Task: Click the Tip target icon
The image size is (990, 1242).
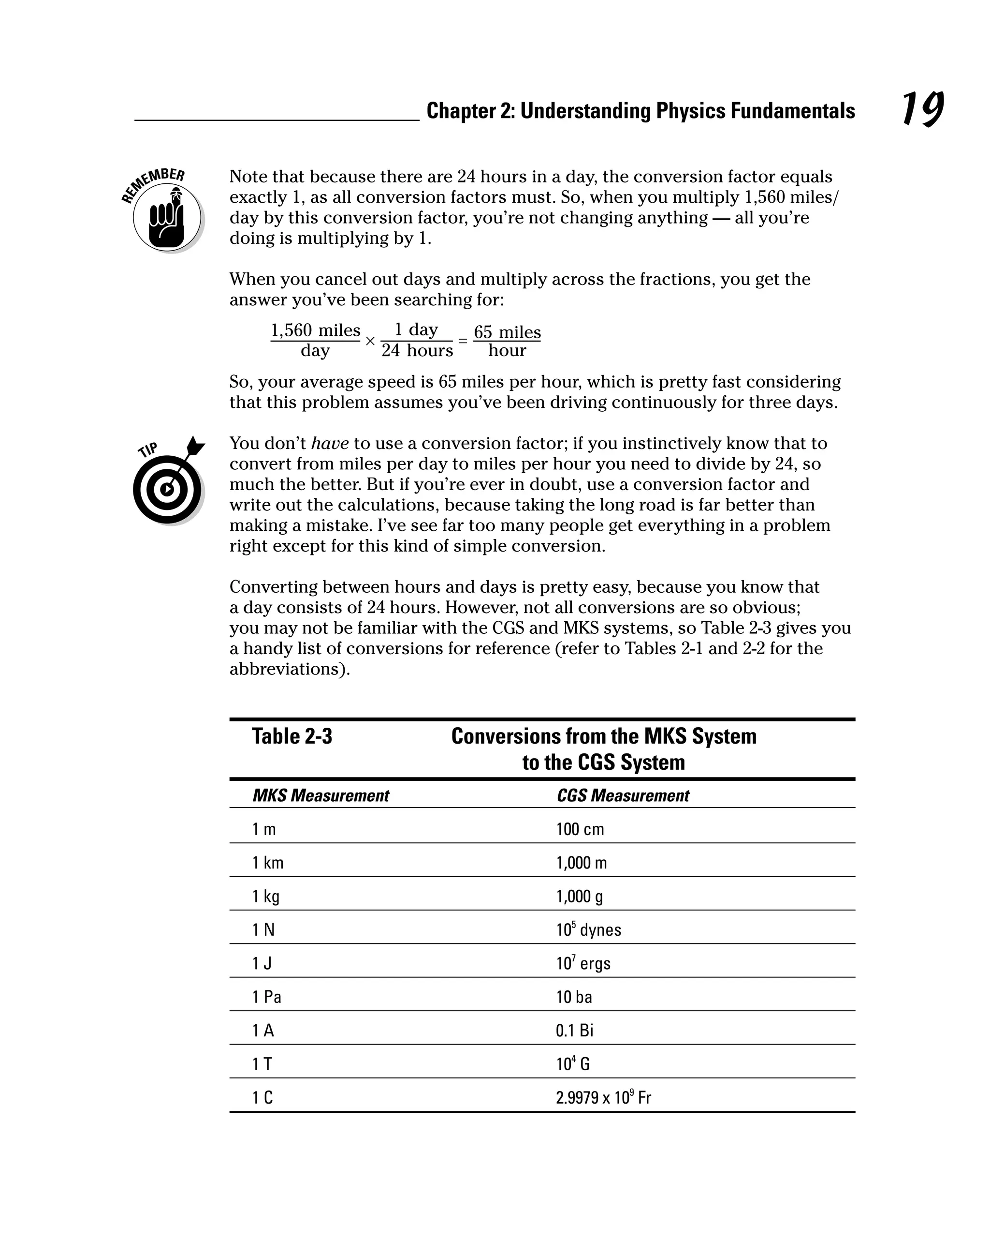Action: tap(167, 489)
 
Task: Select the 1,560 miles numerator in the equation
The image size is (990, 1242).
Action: tap(316, 330)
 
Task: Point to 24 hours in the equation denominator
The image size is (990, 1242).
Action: tap(417, 350)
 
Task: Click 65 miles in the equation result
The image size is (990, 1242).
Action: tap(507, 332)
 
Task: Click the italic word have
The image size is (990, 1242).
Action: tap(330, 443)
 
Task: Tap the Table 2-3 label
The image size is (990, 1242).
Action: tap(292, 736)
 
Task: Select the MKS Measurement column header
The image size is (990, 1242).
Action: tap(320, 795)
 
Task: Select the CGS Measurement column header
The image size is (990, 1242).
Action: tap(623, 795)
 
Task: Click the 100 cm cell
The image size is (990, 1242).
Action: tap(580, 829)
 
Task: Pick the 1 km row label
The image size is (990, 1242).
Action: tap(268, 862)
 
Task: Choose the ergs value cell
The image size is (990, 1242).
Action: tap(583, 963)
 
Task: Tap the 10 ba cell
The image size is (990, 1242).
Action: tap(574, 997)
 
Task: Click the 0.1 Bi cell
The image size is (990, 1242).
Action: tap(574, 1030)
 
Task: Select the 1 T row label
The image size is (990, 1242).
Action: tap(262, 1063)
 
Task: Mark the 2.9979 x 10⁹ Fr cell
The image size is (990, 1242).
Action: tap(603, 1097)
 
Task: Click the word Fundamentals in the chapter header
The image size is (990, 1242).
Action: tap(793, 111)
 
